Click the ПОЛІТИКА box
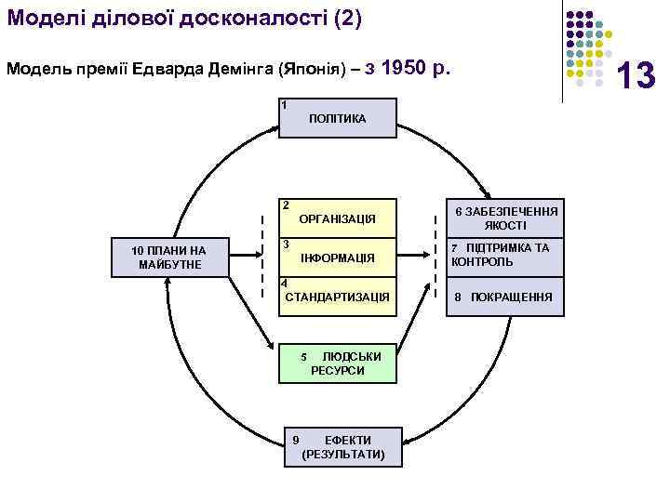(x=338, y=118)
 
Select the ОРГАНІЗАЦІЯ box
(x=338, y=218)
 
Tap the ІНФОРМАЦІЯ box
(x=338, y=258)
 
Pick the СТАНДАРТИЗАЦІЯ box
(x=338, y=297)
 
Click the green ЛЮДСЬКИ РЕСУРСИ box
(x=338, y=363)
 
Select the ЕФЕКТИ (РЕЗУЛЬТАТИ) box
(x=342, y=447)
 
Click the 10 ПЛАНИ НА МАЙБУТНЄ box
(x=168, y=258)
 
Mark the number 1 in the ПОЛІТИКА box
(x=285, y=104)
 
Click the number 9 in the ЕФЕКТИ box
(x=295, y=440)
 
